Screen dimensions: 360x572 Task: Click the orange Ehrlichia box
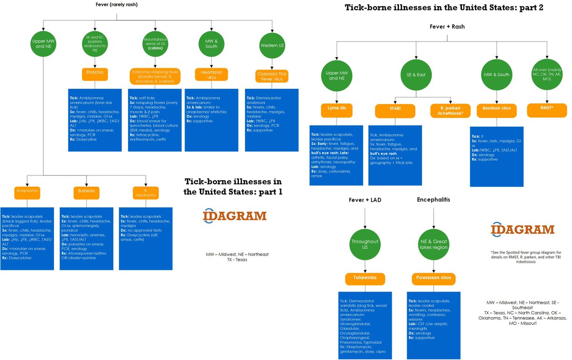point(95,73)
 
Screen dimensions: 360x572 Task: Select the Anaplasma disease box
point(27,193)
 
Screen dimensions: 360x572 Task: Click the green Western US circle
point(271,45)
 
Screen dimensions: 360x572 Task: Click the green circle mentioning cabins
point(153,45)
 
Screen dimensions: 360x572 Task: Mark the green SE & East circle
point(416,74)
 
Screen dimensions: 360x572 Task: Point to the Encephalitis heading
point(433,199)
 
